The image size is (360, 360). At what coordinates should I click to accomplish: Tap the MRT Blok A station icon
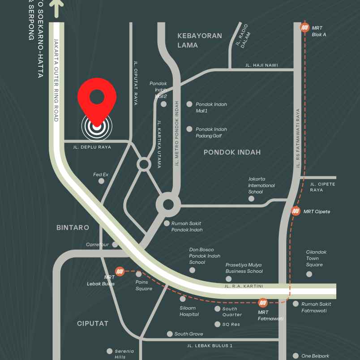pyautogui.click(x=304, y=28)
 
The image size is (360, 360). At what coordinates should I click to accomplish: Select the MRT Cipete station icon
pyautogui.click(x=296, y=211)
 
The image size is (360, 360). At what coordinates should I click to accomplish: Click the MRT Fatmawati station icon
pyautogui.click(x=263, y=303)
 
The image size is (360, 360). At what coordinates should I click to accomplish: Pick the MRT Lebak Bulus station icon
pyautogui.click(x=120, y=271)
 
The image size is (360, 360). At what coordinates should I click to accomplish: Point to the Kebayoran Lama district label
pyautogui.click(x=199, y=40)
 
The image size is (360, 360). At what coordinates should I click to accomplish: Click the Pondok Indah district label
pyautogui.click(x=232, y=152)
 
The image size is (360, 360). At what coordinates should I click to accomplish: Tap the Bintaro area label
pyautogui.click(x=73, y=227)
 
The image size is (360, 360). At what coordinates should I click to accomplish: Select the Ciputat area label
pyautogui.click(x=92, y=323)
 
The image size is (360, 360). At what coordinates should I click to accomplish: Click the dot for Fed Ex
pyautogui.click(x=101, y=181)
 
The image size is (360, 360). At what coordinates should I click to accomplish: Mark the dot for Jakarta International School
pyautogui.click(x=251, y=198)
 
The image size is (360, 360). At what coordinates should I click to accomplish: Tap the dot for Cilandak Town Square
pyautogui.click(x=309, y=274)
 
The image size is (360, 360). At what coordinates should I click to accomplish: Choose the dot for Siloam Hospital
pyautogui.click(x=183, y=299)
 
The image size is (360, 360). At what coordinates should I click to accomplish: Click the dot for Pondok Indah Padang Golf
pyautogui.click(x=189, y=129)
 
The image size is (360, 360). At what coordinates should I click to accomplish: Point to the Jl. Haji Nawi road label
pyautogui.click(x=261, y=65)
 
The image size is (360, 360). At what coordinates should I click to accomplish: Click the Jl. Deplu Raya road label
pyautogui.click(x=92, y=147)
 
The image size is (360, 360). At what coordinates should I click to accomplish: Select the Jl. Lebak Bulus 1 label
pyautogui.click(x=210, y=346)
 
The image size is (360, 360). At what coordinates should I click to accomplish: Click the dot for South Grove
pyautogui.click(x=170, y=334)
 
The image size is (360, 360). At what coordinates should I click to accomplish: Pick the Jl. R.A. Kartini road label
pyautogui.click(x=244, y=286)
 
